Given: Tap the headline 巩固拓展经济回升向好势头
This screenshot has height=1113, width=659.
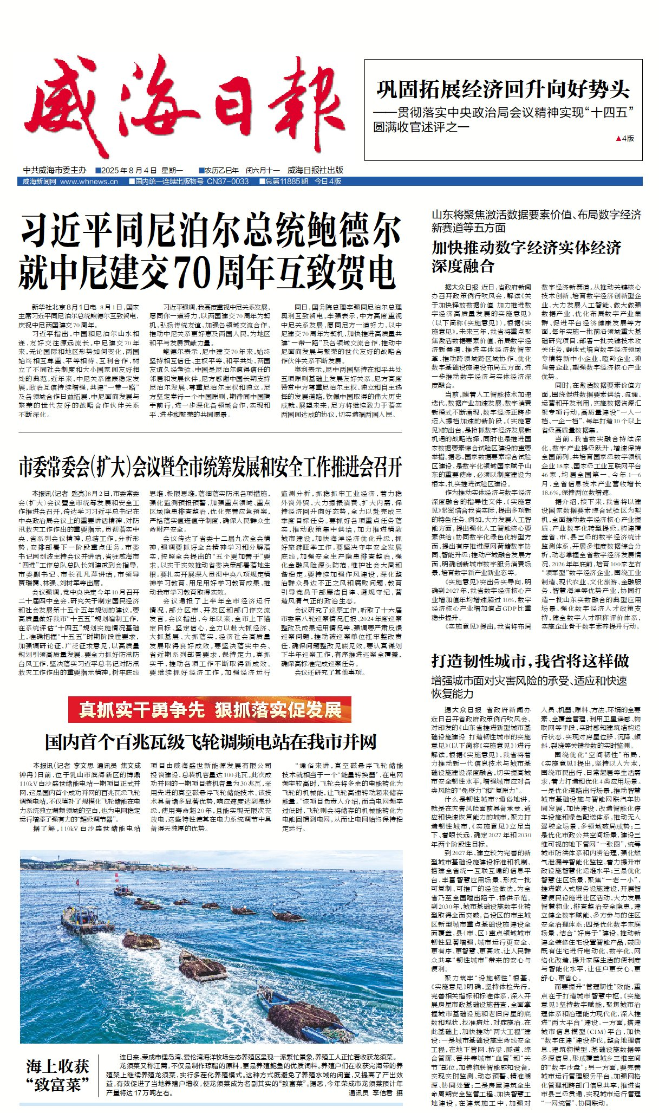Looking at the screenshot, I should pos(503,89).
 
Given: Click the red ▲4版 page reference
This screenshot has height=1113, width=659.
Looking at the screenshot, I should pos(625,139).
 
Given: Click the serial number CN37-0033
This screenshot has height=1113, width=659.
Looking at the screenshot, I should pos(227,182).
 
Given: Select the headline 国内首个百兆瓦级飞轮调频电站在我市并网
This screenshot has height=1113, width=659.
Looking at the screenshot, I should pos(211,742).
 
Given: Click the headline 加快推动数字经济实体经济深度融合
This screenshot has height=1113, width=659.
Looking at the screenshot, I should pos(525,257).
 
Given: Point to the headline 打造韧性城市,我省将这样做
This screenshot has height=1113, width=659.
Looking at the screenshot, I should pos(530,661).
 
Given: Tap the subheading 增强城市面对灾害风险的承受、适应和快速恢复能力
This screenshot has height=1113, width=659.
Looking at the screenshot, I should pos(529,687).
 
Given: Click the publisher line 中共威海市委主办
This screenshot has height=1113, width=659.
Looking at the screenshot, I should pos(55,170).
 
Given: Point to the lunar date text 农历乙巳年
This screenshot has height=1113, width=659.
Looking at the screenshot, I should pos(221,170).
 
